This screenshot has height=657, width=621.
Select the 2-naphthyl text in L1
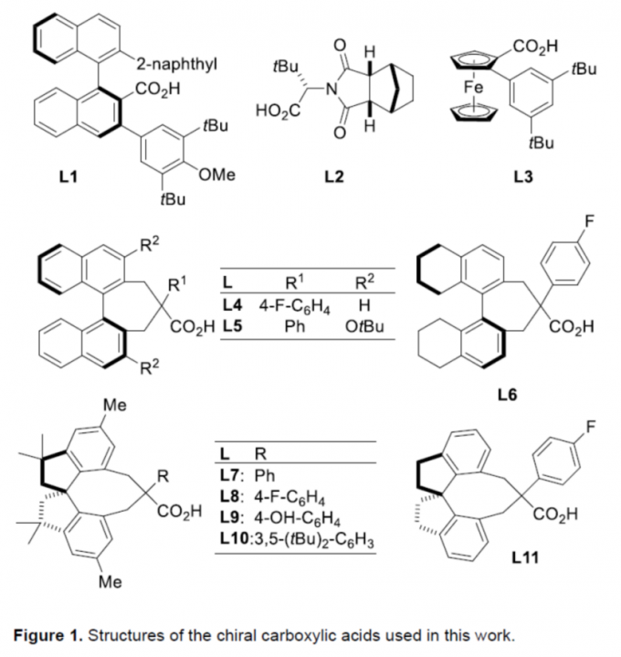click(x=176, y=65)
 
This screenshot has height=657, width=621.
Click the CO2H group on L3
click(x=536, y=47)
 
